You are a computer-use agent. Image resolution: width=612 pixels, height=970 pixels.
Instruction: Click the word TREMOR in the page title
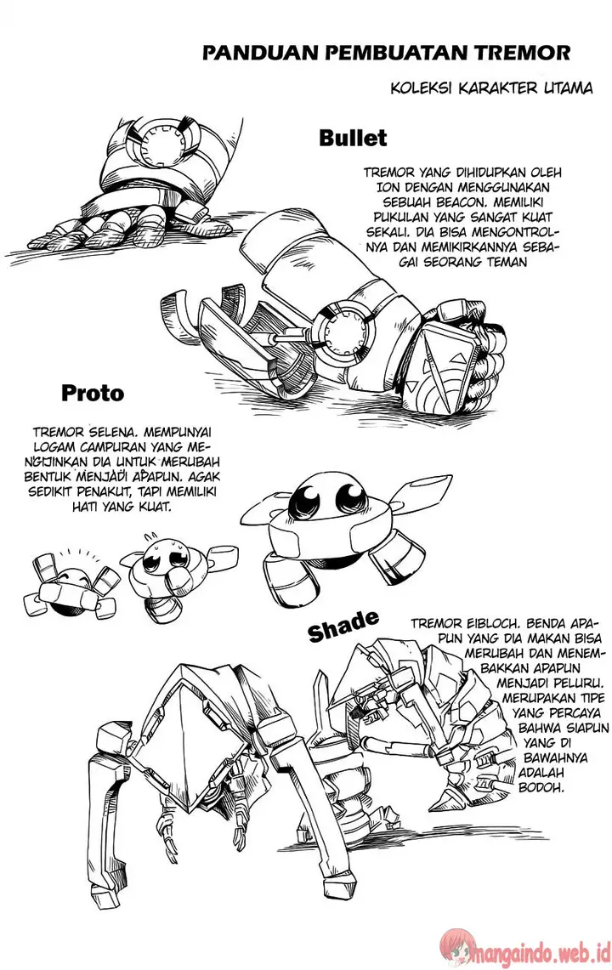pos(528,54)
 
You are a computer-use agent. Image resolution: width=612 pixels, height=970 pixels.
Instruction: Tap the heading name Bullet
pos(353,138)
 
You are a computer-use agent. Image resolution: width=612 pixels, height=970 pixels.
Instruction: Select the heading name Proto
pos(93,394)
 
